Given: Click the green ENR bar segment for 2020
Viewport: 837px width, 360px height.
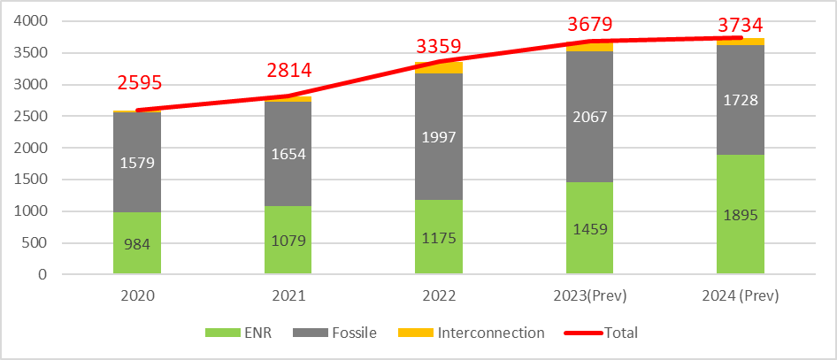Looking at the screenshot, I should coord(137,243).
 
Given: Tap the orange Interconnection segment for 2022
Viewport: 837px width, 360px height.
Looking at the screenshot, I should coord(439,67).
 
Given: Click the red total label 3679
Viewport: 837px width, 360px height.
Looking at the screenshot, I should coord(591,23).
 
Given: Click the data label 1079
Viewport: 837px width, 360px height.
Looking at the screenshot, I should coord(288,240).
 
